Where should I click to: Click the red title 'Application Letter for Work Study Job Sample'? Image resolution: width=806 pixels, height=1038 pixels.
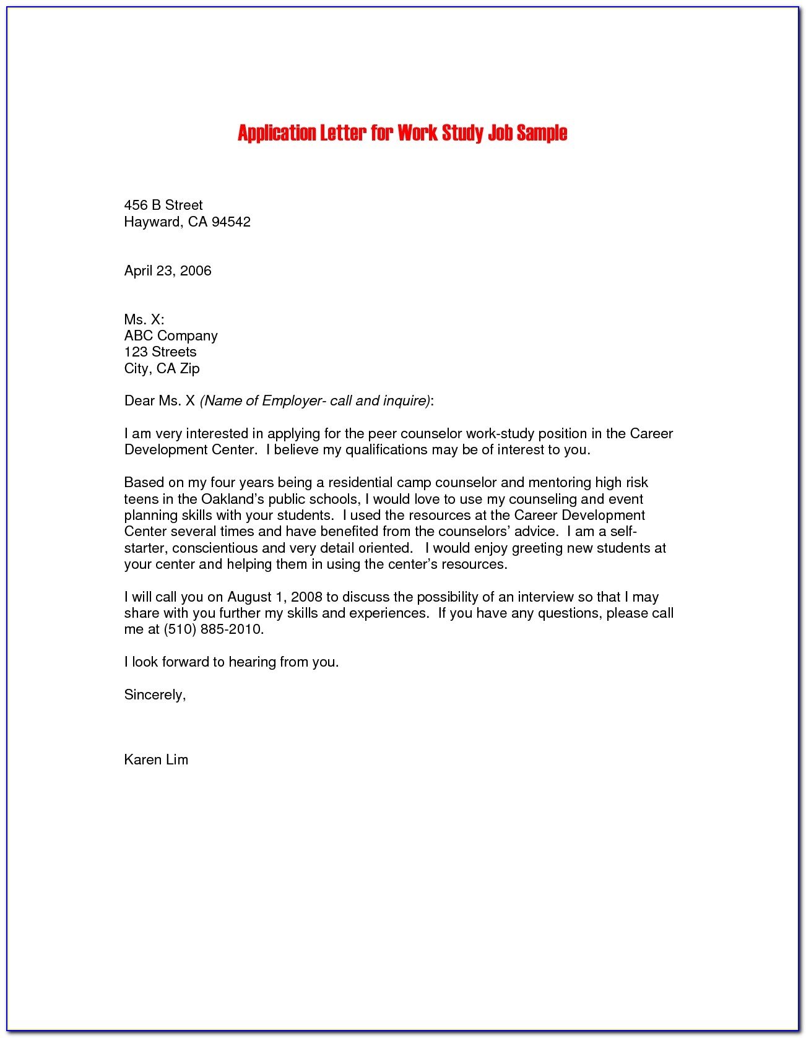point(402,133)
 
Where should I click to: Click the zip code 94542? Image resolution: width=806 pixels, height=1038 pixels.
point(231,222)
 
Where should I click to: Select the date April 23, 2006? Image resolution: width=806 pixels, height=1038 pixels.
point(168,270)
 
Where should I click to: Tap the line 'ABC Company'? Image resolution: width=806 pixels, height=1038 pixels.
point(171,335)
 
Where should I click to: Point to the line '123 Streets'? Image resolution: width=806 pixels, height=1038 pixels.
point(160,352)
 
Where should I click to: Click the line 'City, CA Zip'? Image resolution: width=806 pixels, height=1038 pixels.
point(162,368)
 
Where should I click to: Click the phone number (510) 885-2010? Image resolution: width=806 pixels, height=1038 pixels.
point(213,629)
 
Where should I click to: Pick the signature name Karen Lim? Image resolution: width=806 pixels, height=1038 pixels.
point(156,759)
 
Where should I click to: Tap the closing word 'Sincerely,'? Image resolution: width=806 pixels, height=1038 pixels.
point(155,694)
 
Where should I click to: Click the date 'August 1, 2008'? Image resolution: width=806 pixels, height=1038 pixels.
point(275,597)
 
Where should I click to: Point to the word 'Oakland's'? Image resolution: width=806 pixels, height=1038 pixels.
point(232,499)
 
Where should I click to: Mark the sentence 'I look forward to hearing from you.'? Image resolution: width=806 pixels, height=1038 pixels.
point(232,662)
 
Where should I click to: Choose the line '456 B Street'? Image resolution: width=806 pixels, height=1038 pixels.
point(163,205)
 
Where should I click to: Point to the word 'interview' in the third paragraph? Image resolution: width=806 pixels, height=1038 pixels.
point(545,597)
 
